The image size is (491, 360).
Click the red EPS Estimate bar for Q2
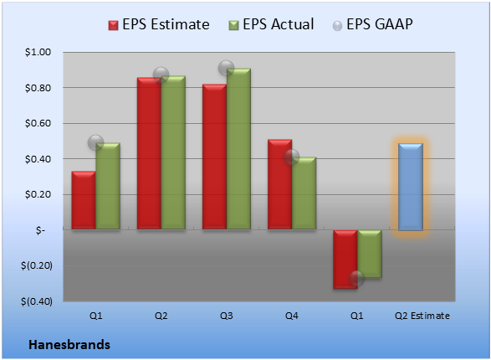click(149, 153)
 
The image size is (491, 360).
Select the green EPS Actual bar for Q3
click(238, 148)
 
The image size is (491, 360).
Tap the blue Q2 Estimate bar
click(411, 187)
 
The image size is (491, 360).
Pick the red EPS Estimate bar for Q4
click(279, 184)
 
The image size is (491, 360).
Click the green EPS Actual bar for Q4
click(304, 193)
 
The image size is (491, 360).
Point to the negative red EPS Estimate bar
click(345, 260)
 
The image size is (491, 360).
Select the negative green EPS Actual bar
click(370, 255)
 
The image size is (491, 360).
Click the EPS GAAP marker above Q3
click(226, 68)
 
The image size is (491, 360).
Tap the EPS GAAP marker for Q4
click(292, 157)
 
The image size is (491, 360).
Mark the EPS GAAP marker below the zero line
click(356, 278)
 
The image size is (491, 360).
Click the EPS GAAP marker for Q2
click(161, 75)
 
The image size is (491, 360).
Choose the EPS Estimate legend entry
click(159, 24)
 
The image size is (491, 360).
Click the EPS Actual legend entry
click(271, 24)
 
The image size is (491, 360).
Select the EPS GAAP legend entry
click(372, 24)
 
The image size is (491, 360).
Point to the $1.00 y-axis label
click(38, 52)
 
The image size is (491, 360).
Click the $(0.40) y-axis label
click(36, 301)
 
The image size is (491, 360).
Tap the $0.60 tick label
click(38, 123)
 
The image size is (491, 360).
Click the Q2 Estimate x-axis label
click(422, 316)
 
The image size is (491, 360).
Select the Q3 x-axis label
click(226, 316)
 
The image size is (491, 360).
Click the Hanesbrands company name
click(69, 345)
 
